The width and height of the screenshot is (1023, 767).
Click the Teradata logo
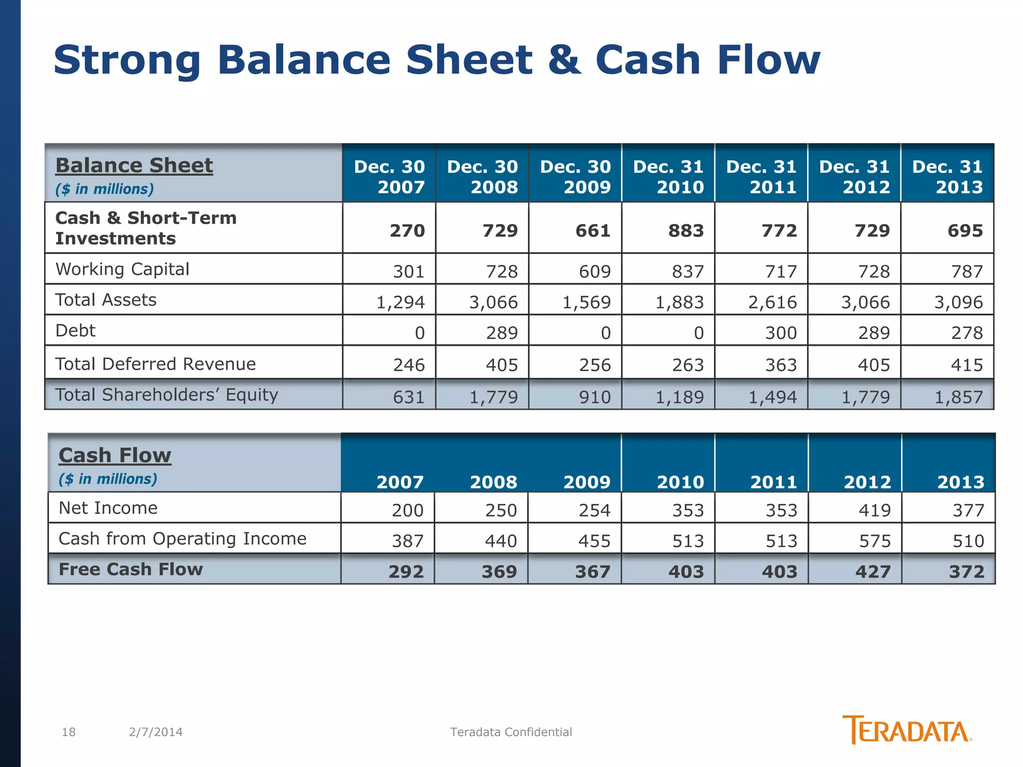pos(906,730)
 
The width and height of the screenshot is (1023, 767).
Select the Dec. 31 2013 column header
pos(947,176)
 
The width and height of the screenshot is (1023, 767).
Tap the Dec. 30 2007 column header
pos(389,176)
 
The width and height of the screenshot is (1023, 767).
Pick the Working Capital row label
pos(122,269)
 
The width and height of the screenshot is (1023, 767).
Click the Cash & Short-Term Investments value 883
pos(686,231)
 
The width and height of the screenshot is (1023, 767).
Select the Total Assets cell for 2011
pos(772,302)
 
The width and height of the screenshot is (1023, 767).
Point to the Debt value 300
pos(781,333)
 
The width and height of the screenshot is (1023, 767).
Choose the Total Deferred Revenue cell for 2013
pos(967,365)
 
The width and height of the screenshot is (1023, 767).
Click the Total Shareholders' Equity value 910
pos(594,397)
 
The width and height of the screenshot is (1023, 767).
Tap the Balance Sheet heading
pos(134,165)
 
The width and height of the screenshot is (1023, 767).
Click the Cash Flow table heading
pos(115,455)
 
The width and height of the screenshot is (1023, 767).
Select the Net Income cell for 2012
pos(875,510)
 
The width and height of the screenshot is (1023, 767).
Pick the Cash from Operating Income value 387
pos(408,541)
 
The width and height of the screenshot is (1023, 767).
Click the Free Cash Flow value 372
pos(967,571)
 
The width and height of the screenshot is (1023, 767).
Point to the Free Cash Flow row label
pos(130,569)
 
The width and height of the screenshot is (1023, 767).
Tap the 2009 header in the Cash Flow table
pos(586,482)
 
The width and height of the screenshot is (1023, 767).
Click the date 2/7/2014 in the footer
pos(155,732)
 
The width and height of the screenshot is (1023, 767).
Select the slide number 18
pos(68,732)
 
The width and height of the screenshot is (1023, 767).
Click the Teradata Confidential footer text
pos(511,732)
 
